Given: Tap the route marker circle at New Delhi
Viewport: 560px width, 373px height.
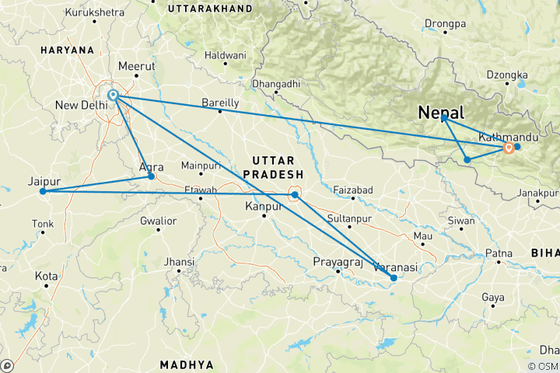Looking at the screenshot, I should (x=114, y=96).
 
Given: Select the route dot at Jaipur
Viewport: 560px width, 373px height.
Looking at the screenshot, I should (x=43, y=191).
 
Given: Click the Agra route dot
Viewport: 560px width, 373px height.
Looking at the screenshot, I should (x=152, y=177).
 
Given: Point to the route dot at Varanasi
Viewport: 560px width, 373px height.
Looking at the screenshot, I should (x=394, y=277).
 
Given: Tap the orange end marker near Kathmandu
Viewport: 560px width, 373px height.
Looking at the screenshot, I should (x=509, y=148).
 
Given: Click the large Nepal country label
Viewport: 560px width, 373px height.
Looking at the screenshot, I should (x=441, y=113).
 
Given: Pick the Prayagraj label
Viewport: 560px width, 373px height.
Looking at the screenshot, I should (x=338, y=262).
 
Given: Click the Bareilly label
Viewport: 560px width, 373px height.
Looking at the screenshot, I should (x=220, y=103).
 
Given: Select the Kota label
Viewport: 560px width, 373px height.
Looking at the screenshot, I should (x=46, y=277).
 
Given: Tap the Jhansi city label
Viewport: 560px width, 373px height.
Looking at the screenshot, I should (x=180, y=263).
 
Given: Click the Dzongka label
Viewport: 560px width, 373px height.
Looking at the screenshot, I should (x=502, y=75).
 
